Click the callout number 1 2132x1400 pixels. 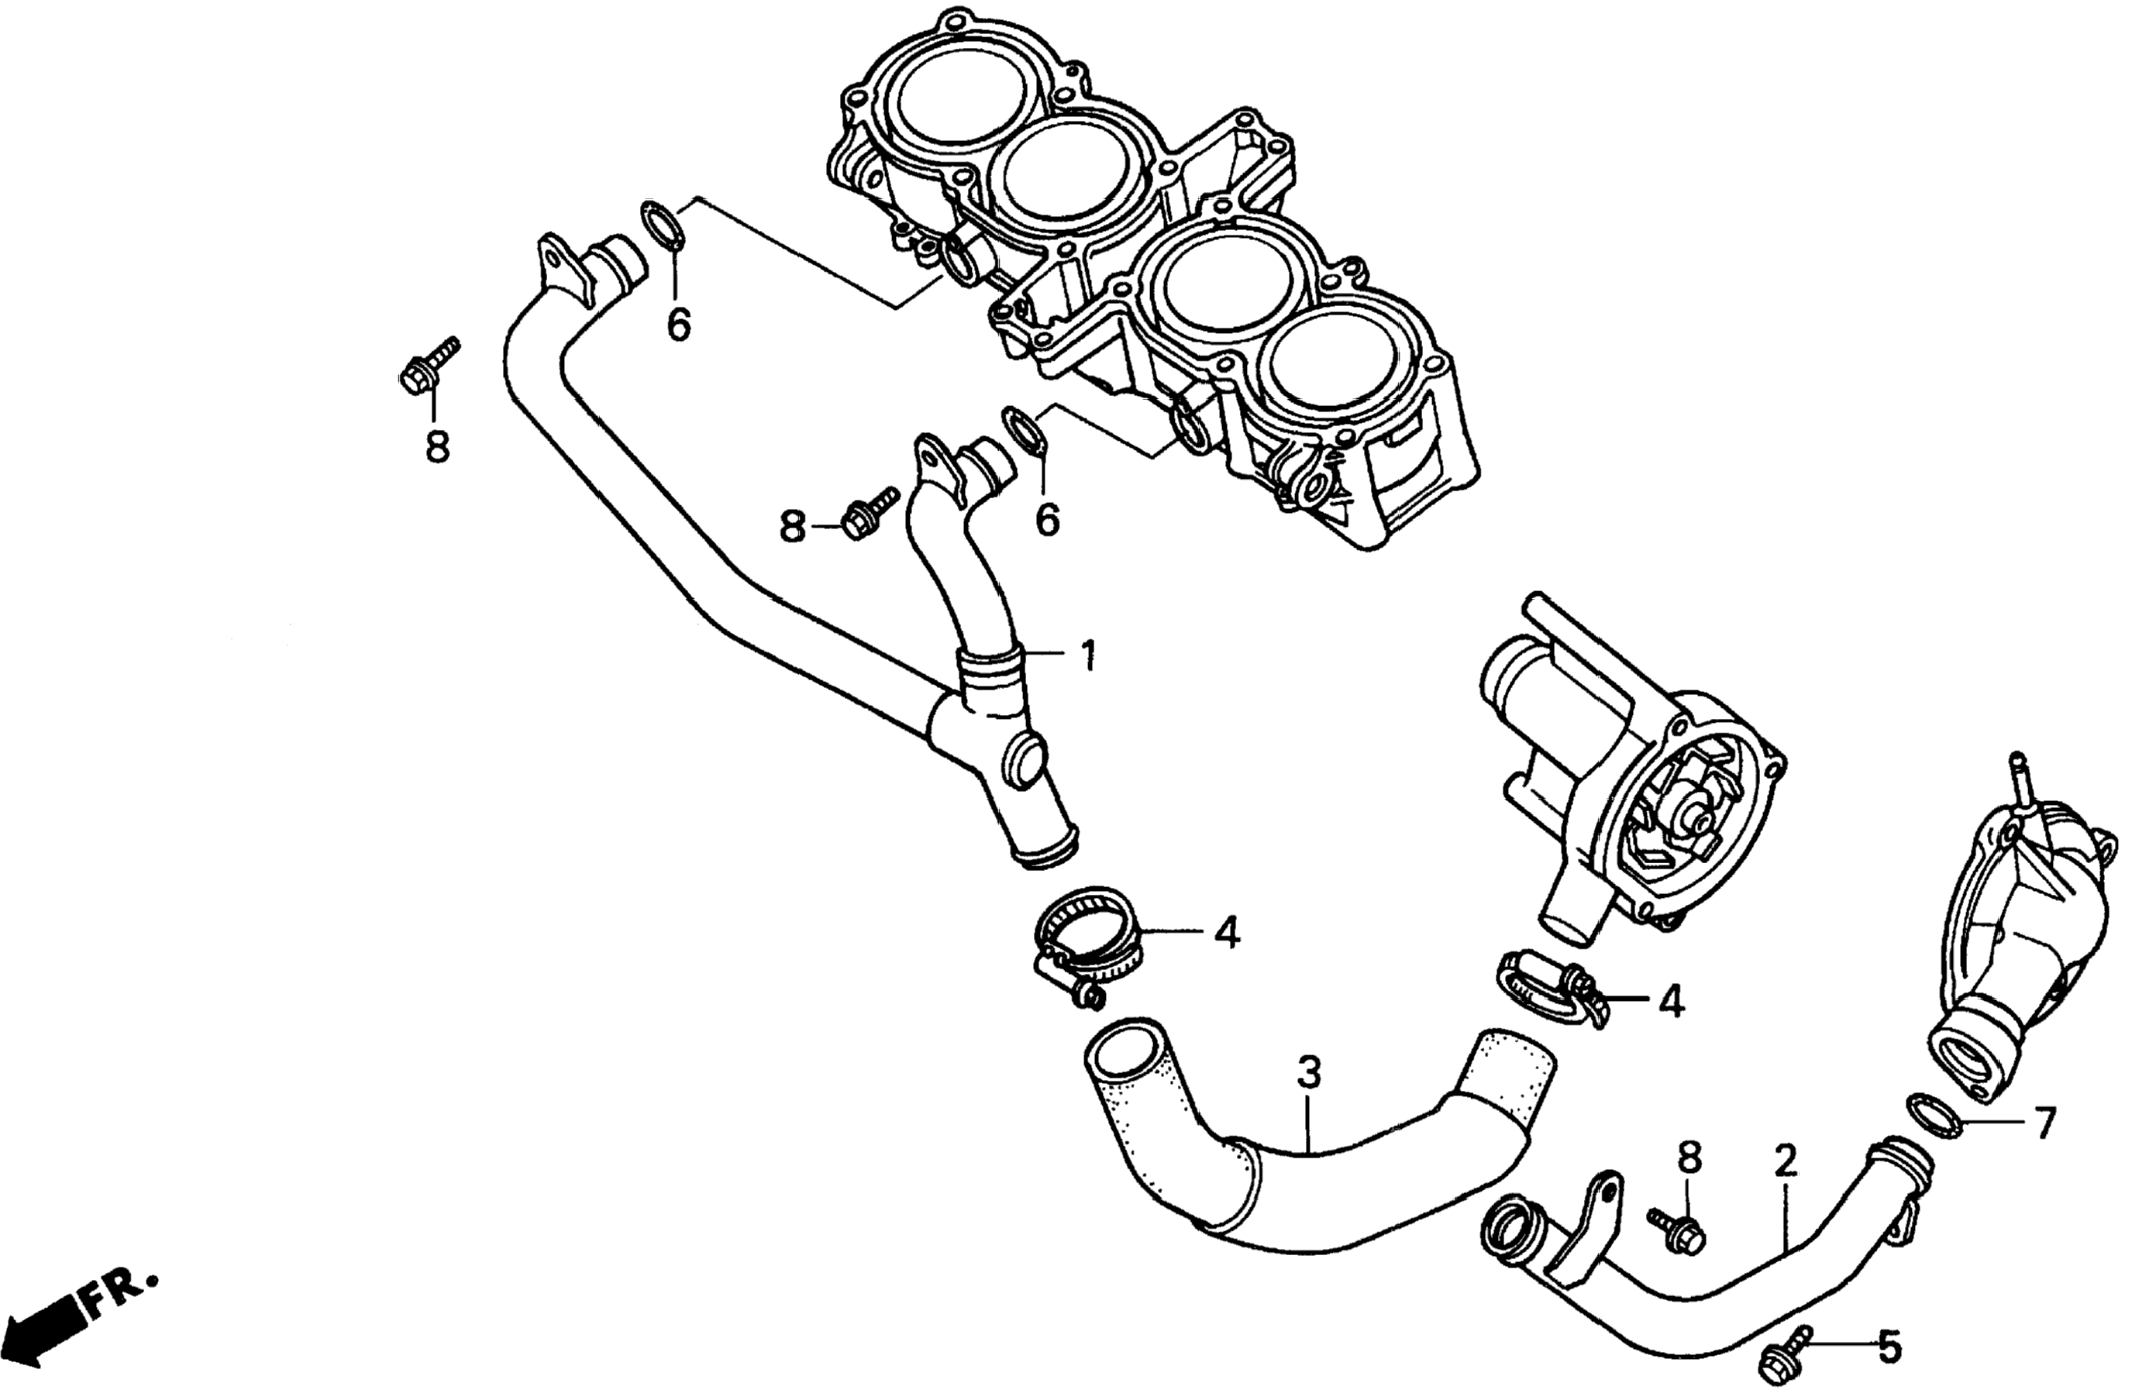pos(1088,656)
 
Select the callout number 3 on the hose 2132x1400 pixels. pos(1309,1072)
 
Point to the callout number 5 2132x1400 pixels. pos(1889,1371)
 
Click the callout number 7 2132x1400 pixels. pos(2044,1123)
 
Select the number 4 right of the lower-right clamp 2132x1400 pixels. pos(1671,1003)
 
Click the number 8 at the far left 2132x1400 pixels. pos(437,446)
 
